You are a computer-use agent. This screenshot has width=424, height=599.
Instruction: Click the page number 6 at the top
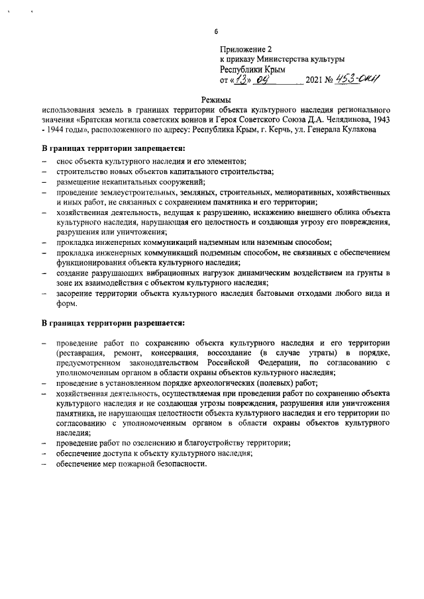216,32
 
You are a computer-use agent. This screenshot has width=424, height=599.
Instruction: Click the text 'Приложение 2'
246,49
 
